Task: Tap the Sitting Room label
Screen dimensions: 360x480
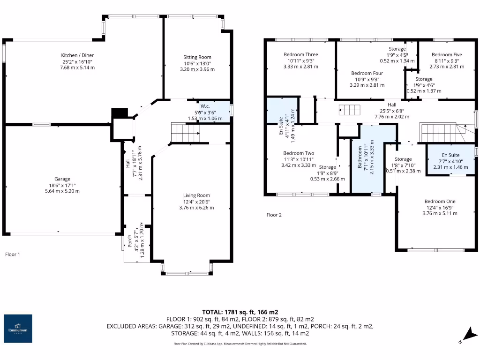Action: pyautogui.click(x=197, y=57)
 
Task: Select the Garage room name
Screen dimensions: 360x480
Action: pyautogui.click(x=62, y=179)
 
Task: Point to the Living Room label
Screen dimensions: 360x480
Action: pyautogui.click(x=196, y=195)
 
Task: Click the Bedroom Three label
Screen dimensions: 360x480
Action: pyautogui.click(x=300, y=55)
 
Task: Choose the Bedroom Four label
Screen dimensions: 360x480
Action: pyautogui.click(x=367, y=74)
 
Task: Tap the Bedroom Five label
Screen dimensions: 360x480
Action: pyautogui.click(x=443, y=55)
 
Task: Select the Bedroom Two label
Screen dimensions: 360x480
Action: pyautogui.click(x=299, y=153)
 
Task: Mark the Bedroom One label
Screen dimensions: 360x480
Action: pyautogui.click(x=440, y=202)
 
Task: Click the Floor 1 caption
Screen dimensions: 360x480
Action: pyautogui.click(x=13, y=255)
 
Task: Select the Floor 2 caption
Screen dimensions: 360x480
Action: pyautogui.click(x=274, y=215)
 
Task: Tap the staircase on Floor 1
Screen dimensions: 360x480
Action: pyautogui.click(x=185, y=132)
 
